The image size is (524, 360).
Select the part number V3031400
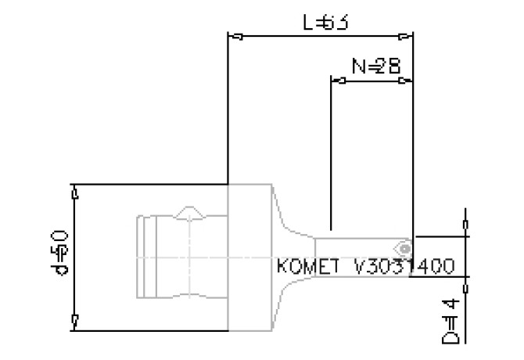click(x=404, y=267)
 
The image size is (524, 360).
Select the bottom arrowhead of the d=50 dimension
click(x=75, y=322)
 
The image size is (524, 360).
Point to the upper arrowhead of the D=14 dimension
click(x=466, y=227)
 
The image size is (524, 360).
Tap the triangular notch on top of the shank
click(x=190, y=212)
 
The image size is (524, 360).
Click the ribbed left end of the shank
click(x=146, y=257)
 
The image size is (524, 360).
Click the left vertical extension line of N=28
click(x=332, y=157)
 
